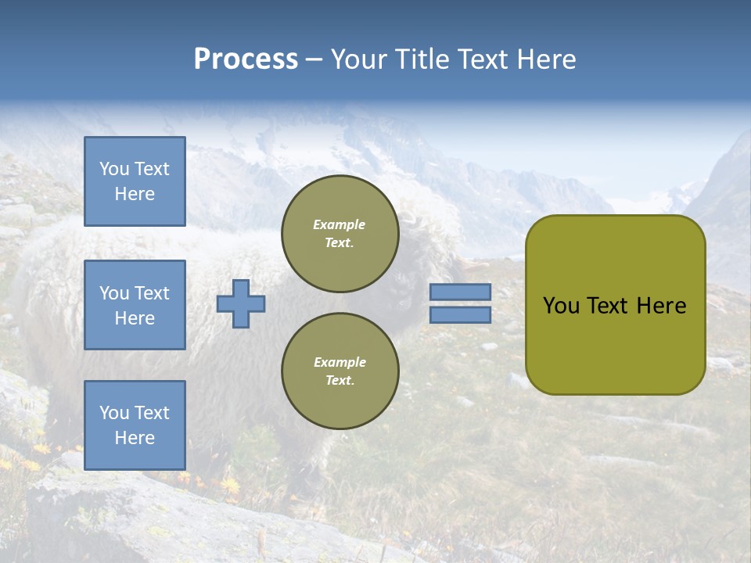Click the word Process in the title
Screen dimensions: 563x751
(x=246, y=59)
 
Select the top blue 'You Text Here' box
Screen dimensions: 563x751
(x=135, y=181)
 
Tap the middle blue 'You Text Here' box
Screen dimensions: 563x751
(x=135, y=305)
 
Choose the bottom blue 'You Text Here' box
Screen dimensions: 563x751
(x=135, y=425)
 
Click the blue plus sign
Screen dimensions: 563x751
(x=241, y=303)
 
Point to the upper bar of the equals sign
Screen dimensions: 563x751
(x=460, y=292)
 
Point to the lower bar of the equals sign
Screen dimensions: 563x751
(x=460, y=315)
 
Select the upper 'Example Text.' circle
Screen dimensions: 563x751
(x=340, y=234)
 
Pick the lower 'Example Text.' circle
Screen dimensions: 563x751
(x=340, y=371)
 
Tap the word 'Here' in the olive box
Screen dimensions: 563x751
(x=661, y=306)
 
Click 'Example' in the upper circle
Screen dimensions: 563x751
(x=340, y=224)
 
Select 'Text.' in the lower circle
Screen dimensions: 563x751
(x=340, y=381)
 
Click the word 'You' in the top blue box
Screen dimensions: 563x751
(x=113, y=169)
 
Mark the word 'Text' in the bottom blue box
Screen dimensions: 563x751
(x=152, y=413)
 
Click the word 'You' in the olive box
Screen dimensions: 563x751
(x=561, y=306)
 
